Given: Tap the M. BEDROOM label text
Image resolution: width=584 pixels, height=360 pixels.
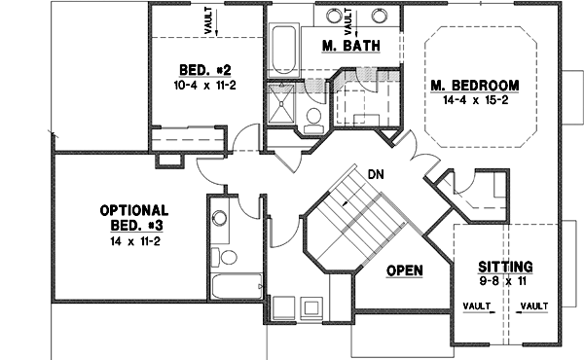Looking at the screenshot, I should [x=474, y=83].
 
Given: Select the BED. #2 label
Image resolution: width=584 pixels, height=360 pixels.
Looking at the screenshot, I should [x=204, y=69].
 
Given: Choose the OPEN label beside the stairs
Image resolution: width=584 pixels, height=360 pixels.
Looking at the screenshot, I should [x=404, y=270].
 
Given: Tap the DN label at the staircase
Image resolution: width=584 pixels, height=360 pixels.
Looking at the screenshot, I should [x=376, y=175].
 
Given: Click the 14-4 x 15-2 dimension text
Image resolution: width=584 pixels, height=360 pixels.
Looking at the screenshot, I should [x=474, y=99].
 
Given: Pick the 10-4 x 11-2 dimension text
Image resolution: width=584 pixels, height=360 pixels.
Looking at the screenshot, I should [x=204, y=85].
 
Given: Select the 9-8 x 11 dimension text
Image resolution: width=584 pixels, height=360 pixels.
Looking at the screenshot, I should [x=504, y=280].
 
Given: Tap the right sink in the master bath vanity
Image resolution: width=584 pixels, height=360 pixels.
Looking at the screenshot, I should [x=380, y=16].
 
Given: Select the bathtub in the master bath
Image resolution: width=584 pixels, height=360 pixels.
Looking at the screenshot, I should [x=284, y=49].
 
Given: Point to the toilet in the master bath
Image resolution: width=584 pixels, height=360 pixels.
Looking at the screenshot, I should [x=314, y=119].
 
